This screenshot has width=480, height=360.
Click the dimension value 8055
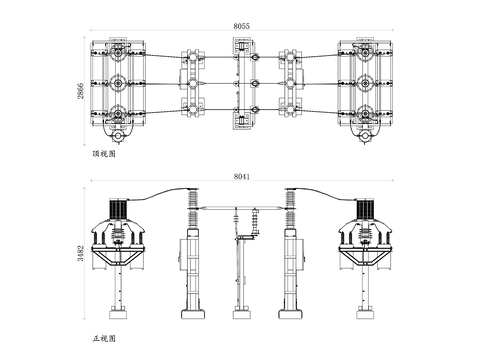click(x=241, y=26)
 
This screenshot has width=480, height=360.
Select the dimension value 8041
click(x=241, y=176)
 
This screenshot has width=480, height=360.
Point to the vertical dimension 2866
click(x=81, y=91)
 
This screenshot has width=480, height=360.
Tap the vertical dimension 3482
click(x=81, y=253)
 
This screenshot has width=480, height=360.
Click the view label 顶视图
click(x=104, y=154)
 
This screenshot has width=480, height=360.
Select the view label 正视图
click(x=104, y=339)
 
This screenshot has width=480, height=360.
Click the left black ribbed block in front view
click(x=119, y=209)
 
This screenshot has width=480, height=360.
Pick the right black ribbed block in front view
click(x=365, y=209)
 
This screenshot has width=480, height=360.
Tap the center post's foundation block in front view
click(x=241, y=315)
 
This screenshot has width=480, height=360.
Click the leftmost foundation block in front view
click(x=119, y=315)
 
